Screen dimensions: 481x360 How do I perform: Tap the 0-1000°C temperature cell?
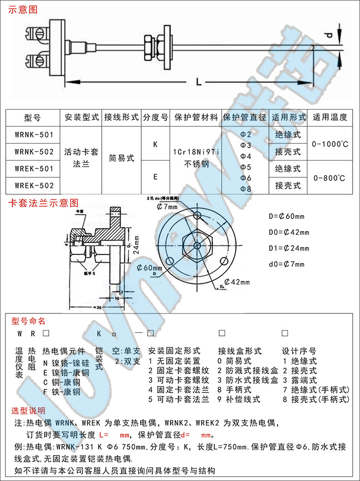tap(330, 144)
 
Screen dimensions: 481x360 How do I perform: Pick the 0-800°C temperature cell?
tap(330, 177)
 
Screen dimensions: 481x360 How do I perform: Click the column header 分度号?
tap(155, 118)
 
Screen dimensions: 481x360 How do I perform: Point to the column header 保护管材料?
tap(196, 118)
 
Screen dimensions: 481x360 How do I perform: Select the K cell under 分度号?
tap(155, 144)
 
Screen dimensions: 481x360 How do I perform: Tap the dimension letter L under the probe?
tap(199, 82)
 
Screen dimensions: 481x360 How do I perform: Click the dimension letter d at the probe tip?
tap(328, 36)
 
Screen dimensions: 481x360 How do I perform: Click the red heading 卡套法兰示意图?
tap(44, 203)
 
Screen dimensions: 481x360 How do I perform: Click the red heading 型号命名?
tap(29, 321)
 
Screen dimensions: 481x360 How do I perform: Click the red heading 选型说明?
tap(29, 411)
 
